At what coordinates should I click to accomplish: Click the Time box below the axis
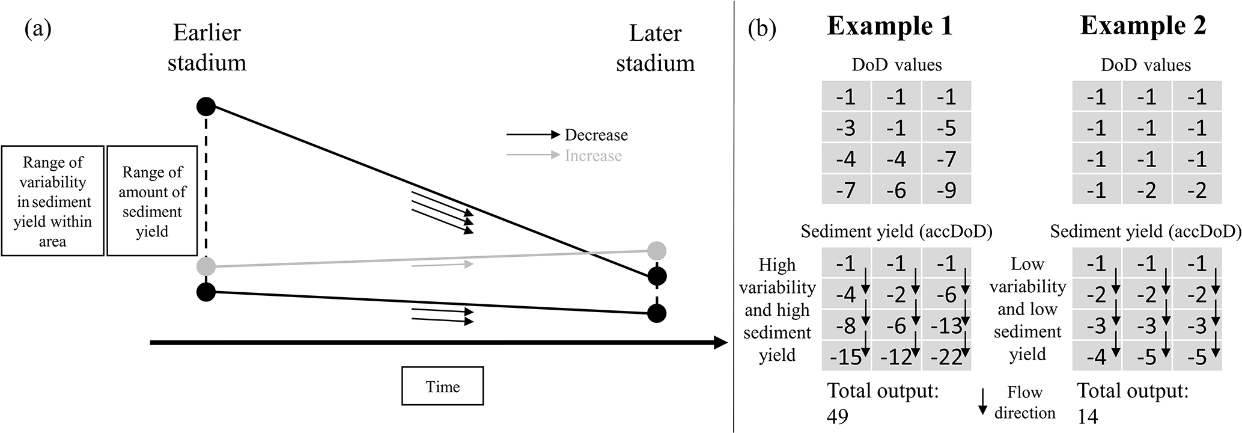pos(442,386)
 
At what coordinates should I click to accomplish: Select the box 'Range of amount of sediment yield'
pos(152,201)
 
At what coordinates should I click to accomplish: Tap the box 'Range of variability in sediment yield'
pos(53,201)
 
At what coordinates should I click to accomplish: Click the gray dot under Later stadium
pos(657,250)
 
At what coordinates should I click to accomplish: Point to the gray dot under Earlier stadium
pos(206,266)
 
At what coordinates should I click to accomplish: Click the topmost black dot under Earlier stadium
pos(206,107)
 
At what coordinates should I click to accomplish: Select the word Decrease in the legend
pos(596,135)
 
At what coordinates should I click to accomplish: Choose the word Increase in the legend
pos(593,156)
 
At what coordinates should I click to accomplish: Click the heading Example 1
pos(889,26)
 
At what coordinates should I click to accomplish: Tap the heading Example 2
pos(1143,26)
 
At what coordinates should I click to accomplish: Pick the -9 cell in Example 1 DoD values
pos(946,190)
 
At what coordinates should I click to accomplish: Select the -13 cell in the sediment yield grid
pos(946,326)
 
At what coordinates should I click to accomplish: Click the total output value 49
pos(838,416)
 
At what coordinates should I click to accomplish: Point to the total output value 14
pos(1087,416)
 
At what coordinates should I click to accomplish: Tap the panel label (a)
pos(38,29)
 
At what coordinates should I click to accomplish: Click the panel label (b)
pos(762,29)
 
